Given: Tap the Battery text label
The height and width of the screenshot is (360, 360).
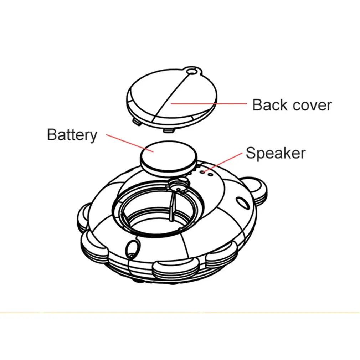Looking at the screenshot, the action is point(72,135).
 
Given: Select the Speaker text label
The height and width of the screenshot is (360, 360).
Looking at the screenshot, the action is point(276,153).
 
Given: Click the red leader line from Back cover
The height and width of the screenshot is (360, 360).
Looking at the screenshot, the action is point(209,104).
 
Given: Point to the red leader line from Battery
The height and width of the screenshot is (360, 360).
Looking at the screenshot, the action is point(130,143).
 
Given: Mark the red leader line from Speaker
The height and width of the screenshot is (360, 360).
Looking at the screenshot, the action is point(223,162).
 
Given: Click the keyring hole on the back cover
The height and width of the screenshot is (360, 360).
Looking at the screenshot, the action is point(191,72).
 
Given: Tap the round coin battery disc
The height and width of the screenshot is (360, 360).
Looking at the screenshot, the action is point(169,156).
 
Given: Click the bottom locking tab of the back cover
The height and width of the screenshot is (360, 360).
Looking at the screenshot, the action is point(168,130).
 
